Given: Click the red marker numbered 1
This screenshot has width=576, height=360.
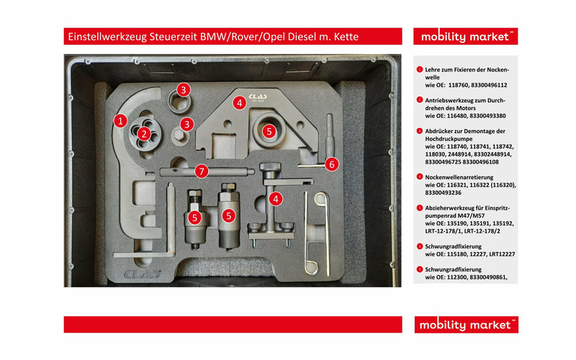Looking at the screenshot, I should point(121,121).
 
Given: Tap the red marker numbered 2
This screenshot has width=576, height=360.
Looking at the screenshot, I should point(144,132).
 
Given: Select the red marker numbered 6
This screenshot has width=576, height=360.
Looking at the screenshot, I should point(331,164).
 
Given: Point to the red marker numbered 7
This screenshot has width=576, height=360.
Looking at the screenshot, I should point(202,171).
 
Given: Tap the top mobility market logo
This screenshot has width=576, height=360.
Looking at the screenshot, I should point(465,37).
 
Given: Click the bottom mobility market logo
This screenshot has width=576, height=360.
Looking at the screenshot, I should point(465,325).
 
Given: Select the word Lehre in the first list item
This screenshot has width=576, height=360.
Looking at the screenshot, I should point(433,68).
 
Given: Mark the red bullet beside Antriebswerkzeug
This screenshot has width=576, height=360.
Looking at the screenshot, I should point(419,99).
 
